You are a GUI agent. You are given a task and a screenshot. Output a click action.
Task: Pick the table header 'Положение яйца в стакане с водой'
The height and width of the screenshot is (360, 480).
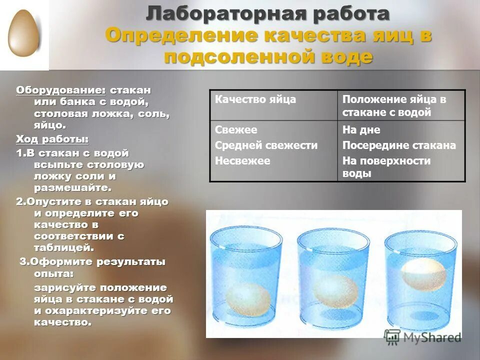click(394, 105)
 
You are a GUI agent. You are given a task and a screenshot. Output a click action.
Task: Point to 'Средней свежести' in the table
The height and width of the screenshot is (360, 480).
click(266, 145)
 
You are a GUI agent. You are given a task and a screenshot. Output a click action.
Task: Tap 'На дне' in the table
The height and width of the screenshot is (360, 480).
click(361, 130)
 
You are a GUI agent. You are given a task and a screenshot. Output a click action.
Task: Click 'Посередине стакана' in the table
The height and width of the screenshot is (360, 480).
click(399, 145)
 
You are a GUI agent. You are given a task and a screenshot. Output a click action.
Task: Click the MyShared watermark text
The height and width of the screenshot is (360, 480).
click(430, 337)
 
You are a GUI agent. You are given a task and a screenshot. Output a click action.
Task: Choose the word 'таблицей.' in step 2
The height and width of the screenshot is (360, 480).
click(64, 247)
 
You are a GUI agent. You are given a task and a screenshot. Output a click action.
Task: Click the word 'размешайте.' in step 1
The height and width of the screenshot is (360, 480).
click(72, 187)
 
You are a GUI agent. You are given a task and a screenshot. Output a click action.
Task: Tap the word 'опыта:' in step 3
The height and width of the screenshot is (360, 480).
click(53, 273)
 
